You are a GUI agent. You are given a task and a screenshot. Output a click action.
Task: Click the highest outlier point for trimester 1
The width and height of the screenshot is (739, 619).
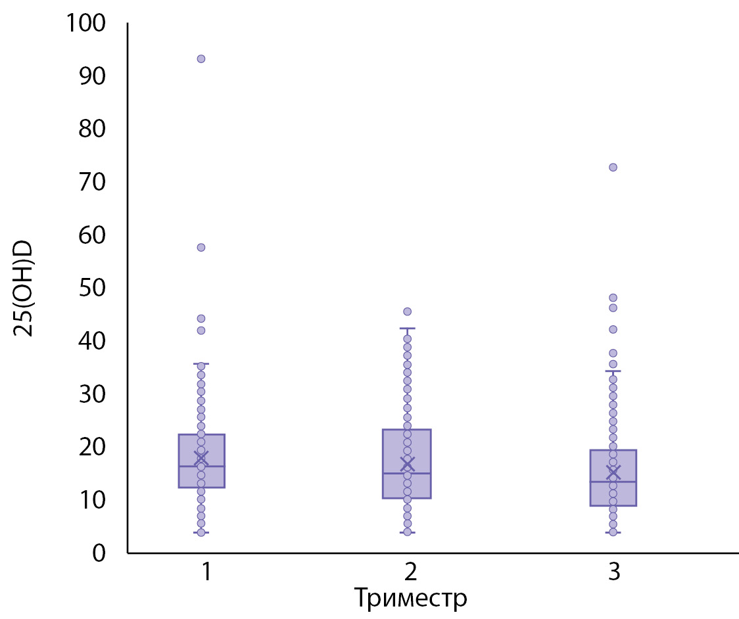[x=201, y=58]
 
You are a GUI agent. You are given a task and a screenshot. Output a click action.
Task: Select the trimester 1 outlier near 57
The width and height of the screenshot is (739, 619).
[x=201, y=247]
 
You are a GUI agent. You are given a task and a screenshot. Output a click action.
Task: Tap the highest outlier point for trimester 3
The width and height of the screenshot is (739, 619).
[x=613, y=167]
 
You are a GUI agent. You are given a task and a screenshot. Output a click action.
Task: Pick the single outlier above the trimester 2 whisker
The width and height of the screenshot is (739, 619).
[x=407, y=311]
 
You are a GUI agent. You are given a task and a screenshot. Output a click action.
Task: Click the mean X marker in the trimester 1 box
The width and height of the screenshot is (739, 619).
[x=201, y=457]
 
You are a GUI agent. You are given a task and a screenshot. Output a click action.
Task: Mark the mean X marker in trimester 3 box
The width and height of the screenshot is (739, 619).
[x=613, y=472]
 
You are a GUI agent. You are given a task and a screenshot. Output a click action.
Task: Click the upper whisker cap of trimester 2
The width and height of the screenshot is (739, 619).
[x=407, y=328]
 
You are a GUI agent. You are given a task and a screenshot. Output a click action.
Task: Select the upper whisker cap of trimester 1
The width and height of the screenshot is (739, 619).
[x=201, y=363]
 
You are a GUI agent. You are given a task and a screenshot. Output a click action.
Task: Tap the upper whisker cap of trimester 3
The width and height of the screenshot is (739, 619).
[x=613, y=371]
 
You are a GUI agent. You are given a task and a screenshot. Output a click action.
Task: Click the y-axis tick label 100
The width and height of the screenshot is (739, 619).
[x=85, y=24]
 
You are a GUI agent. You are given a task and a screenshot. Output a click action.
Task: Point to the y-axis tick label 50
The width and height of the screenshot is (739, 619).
[x=92, y=288]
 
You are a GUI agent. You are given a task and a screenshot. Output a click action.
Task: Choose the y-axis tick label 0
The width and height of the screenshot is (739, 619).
[x=99, y=553]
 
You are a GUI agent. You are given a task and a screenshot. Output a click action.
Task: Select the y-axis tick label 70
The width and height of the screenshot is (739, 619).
[x=92, y=182]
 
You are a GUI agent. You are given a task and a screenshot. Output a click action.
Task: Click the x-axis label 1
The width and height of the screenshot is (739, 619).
[x=206, y=572]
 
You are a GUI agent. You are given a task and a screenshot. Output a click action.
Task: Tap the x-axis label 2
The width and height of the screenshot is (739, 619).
[x=410, y=572]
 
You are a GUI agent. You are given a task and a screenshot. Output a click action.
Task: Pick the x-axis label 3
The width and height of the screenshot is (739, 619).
[x=614, y=572]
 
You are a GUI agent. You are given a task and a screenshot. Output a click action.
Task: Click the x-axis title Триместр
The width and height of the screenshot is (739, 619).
[x=410, y=599]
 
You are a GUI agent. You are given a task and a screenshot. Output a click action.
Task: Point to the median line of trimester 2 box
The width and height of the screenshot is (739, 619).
[x=407, y=473]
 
